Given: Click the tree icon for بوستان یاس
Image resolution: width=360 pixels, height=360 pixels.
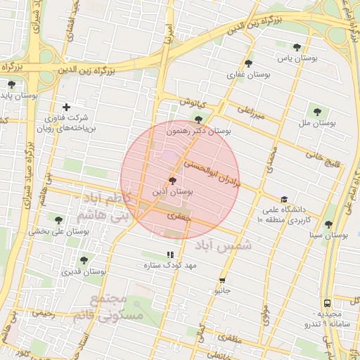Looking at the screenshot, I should click(297, 48).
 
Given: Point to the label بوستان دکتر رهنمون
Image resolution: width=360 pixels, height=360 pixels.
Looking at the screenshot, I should click(199, 131).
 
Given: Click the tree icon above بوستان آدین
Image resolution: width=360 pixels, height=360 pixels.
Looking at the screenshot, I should click(173, 181).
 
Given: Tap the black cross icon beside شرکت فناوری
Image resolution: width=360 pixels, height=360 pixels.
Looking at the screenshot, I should click(66, 107).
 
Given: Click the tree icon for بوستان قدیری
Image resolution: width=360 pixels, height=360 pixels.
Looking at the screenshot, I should click(84, 260).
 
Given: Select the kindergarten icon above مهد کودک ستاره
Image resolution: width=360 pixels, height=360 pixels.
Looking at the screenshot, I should click(169, 255).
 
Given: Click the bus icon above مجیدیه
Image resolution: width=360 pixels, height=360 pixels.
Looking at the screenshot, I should click(326, 303).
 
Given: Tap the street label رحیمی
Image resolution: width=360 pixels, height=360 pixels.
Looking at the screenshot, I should click(44, 315).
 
